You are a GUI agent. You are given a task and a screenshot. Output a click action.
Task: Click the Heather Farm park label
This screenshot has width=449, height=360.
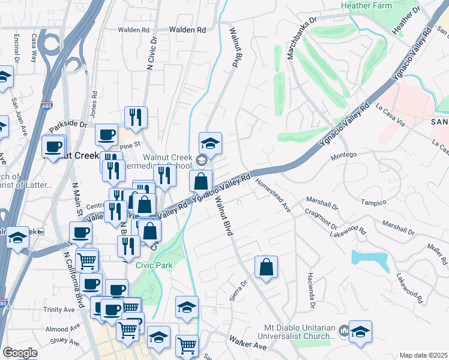click(x=366, y=5)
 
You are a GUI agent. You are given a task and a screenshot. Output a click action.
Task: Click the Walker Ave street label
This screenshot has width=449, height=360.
click(x=247, y=346)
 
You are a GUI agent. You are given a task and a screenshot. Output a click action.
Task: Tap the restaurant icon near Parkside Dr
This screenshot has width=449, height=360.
click(x=136, y=118)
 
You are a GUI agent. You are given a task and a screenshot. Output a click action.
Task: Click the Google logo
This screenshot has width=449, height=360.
click(x=20, y=353)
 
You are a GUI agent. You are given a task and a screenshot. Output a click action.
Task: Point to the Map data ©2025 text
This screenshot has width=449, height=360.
click(x=424, y=355)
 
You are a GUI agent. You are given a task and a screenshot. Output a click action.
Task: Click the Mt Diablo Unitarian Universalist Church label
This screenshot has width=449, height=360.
click(x=298, y=332)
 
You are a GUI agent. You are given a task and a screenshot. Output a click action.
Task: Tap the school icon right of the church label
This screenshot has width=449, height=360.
click(x=360, y=332)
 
